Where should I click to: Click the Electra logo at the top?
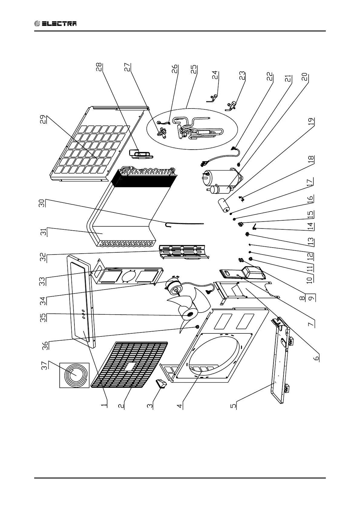pos(55,24)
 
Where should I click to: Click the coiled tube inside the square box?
pos(74,374)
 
